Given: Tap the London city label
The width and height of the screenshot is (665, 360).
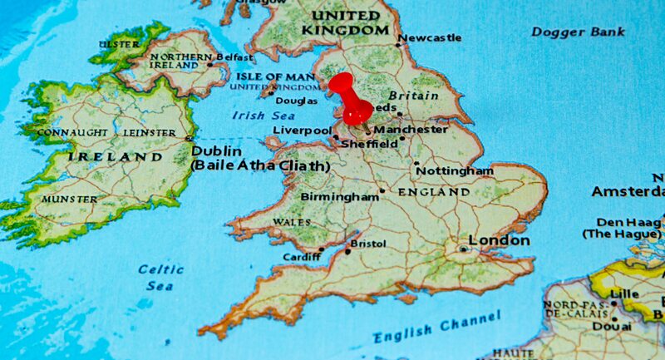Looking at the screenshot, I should point(499,240).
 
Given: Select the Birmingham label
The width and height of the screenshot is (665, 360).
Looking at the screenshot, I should point(339,197).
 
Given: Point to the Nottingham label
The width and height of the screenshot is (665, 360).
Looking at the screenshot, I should point(455,170).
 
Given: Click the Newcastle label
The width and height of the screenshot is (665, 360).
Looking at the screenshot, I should point(430,37).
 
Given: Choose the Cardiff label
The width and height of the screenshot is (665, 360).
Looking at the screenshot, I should point(301,258).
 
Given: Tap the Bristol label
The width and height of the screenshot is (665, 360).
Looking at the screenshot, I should point(368,244).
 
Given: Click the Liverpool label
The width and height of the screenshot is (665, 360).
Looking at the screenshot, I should point(303,131).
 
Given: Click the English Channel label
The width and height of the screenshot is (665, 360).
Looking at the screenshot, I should point(436,328).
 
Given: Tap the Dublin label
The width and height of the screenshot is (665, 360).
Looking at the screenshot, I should point(216,151).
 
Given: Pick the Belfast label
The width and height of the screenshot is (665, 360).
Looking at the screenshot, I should point(234,57).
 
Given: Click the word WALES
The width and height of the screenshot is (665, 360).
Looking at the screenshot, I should point(292,222).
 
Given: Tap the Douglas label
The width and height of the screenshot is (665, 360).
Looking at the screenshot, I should point(296,101).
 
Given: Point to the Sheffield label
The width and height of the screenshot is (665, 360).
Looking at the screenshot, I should point(370,144).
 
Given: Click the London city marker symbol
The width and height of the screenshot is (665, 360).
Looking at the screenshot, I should point(463,248).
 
